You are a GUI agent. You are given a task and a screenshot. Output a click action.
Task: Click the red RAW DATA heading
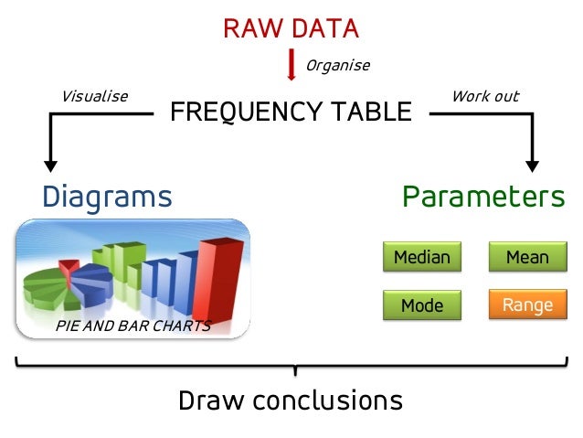click(291, 28)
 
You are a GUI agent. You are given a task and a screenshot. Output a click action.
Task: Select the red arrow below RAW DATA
click(291, 64)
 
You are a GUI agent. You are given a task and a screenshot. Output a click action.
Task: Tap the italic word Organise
click(338, 66)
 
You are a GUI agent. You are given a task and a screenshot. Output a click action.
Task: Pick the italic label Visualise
click(94, 96)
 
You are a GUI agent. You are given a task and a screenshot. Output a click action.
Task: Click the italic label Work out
click(485, 96)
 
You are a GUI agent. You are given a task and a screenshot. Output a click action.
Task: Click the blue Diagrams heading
click(107, 197)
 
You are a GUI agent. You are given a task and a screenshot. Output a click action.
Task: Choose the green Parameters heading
click(483, 197)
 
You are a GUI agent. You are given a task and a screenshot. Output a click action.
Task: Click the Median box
click(421, 258)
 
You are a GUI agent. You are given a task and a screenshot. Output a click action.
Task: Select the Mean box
click(527, 258)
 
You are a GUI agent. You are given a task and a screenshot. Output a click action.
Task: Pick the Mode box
click(421, 305)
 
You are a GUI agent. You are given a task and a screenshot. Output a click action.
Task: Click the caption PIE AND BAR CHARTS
click(133, 326)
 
